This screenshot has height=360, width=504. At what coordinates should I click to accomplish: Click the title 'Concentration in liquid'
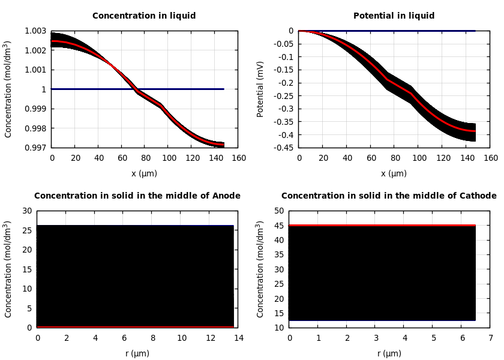pyautogui.click(x=144, y=16)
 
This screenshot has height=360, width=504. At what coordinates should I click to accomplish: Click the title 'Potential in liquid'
pyautogui.click(x=394, y=16)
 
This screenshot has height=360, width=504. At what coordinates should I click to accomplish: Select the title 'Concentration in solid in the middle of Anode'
pyautogui.click(x=137, y=196)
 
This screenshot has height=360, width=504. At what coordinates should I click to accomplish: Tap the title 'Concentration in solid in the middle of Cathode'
pyautogui.click(x=389, y=196)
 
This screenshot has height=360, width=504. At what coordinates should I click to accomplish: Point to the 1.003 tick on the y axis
pyautogui.click(x=35, y=31)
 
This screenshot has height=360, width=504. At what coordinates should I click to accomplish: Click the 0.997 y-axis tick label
pyautogui.click(x=35, y=148)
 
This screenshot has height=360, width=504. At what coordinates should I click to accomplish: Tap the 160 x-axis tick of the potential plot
pyautogui.click(x=491, y=158)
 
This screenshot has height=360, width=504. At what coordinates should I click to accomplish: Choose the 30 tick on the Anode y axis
pyautogui.click(x=26, y=211)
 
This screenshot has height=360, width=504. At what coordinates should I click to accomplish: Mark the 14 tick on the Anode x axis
pyautogui.click(x=239, y=338)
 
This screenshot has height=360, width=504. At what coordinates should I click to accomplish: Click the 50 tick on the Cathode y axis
pyautogui.click(x=278, y=211)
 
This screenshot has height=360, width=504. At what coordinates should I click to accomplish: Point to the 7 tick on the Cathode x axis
pyautogui.click(x=491, y=338)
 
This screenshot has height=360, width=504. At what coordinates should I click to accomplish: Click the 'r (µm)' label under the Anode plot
pyautogui.click(x=137, y=354)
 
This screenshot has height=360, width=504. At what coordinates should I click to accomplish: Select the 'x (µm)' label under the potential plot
pyautogui.click(x=394, y=174)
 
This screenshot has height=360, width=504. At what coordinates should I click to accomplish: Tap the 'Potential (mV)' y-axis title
pyautogui.click(x=260, y=89)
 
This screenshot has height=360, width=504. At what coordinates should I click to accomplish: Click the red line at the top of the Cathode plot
pyautogui.click(x=382, y=226)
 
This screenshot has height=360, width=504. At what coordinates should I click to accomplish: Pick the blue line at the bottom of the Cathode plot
pyautogui.click(x=382, y=320)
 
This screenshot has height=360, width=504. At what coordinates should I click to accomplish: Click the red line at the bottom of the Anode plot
pyautogui.click(x=135, y=327)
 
